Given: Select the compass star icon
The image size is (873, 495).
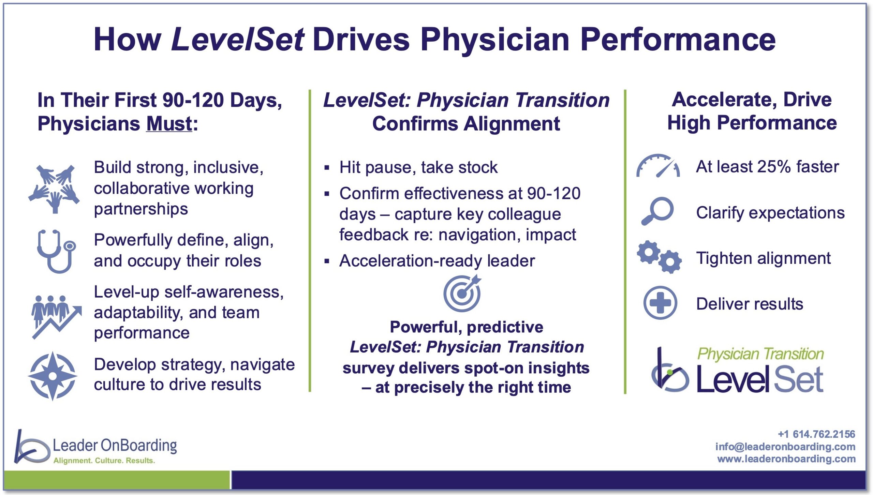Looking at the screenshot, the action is (53, 376).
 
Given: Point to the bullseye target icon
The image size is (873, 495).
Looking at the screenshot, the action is (462, 293).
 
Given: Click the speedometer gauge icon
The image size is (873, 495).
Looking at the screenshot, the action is (658, 166).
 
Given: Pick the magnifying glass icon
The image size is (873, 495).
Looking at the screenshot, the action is (657, 211).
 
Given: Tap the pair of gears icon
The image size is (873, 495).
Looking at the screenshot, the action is (659, 257).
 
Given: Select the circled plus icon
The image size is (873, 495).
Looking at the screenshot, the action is (660, 303).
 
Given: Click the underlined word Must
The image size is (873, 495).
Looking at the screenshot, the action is (169, 123).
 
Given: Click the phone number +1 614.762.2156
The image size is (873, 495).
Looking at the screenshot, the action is (816, 434).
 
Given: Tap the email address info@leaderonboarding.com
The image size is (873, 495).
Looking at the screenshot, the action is (785, 447).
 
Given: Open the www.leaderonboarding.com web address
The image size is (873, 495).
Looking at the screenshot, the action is (786, 459).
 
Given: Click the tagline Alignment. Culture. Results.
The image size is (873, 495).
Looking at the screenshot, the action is (104, 461).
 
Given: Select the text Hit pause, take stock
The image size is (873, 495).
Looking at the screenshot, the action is (418, 167).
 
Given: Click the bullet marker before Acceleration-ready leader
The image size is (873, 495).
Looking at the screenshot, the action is (327, 261).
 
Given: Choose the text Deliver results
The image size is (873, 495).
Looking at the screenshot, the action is (750, 304).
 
